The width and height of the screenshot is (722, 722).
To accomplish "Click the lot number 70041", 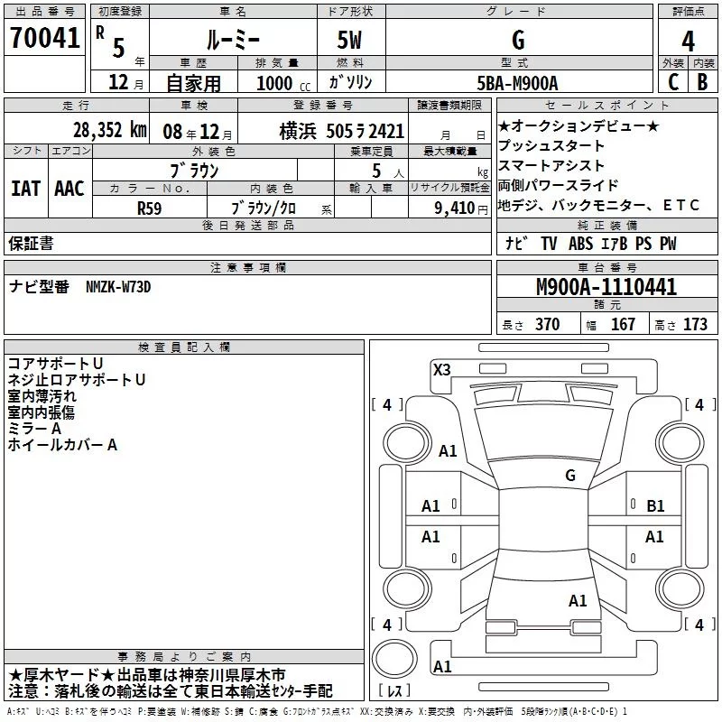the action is pyautogui.click(x=44, y=37).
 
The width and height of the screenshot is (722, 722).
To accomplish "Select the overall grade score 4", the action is pyautogui.click(x=688, y=41).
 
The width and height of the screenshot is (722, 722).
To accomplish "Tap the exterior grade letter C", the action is pyautogui.click(x=673, y=82).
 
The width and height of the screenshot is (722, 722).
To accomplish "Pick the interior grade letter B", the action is pyautogui.click(x=702, y=82).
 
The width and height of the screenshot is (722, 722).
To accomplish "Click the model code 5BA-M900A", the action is pyautogui.click(x=517, y=83).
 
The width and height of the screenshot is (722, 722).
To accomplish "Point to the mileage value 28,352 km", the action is pyautogui.click(x=110, y=130).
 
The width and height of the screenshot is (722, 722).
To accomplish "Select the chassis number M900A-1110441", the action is pyautogui.click(x=606, y=287).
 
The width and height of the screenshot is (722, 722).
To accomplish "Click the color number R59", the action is pyautogui.click(x=149, y=208).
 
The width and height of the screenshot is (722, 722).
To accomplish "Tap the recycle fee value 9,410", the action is pyautogui.click(x=455, y=208).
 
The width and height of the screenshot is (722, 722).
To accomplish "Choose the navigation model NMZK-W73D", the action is pyautogui.click(x=118, y=287).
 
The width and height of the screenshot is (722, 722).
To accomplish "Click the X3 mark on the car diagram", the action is pyautogui.click(x=441, y=370).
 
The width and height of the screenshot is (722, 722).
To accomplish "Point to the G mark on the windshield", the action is pyautogui.click(x=570, y=475).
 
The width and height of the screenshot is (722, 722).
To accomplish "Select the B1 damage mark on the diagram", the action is pyautogui.click(x=655, y=506).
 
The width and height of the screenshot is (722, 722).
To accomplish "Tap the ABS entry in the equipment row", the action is pyautogui.click(x=580, y=244).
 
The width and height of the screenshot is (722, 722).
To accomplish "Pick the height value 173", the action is pyautogui.click(x=695, y=324).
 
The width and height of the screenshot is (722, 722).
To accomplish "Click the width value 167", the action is pyautogui.click(x=623, y=324).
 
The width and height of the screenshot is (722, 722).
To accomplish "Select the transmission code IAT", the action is pyautogui.click(x=26, y=189).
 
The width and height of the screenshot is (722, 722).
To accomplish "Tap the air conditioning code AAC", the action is pyautogui.click(x=69, y=189).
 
